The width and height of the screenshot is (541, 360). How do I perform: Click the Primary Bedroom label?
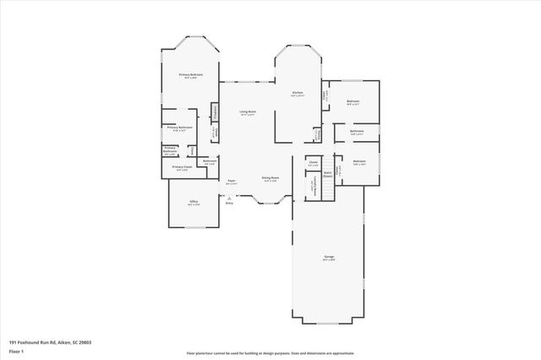pos(189,75)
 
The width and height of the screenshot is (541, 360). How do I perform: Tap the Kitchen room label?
pos(298,93)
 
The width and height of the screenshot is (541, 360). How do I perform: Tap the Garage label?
pos(329,259)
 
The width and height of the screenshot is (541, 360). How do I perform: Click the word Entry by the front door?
pos(229,203)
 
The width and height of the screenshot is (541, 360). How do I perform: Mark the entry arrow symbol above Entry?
pos(229,197)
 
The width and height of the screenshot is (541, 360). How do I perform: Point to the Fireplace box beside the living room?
pos(215,111)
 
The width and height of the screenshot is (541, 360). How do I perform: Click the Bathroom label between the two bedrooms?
pos(357,131)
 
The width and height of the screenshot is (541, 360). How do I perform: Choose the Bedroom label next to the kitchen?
pos(353,101)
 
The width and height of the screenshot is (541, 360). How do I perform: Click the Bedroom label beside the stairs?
pos(359,161)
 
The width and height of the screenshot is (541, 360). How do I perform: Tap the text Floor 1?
pos(15,350)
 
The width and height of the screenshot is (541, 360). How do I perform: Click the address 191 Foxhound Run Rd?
pos(34,341)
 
